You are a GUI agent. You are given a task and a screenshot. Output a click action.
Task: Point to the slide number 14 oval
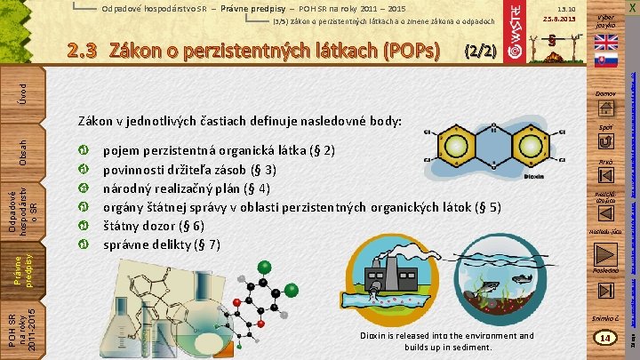point(604,339)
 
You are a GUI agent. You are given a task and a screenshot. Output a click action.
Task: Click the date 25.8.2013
point(560,19)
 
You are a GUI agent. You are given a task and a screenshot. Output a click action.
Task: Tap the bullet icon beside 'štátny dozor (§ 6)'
point(82,227)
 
